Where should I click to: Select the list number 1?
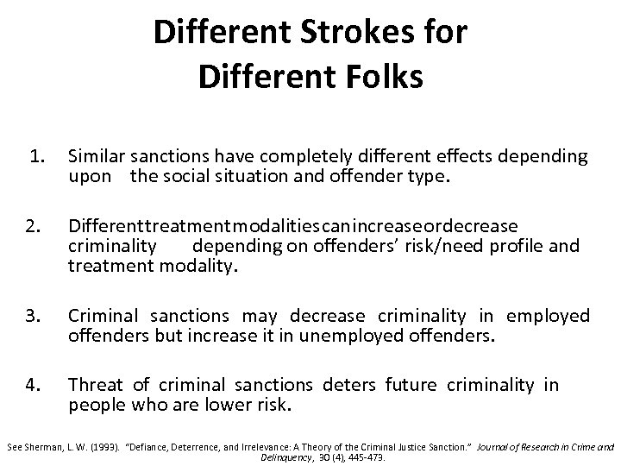coord(35,156)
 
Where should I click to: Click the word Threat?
coord(95,386)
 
